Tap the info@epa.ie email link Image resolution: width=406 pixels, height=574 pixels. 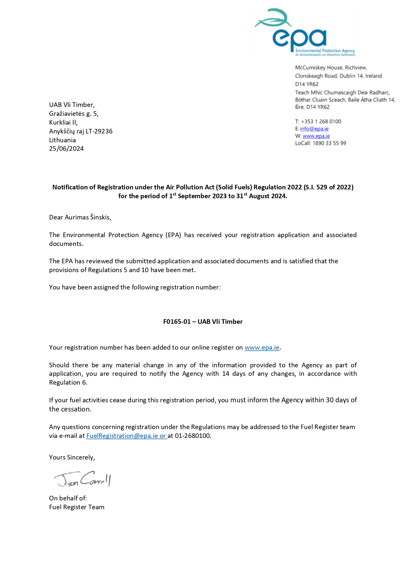[314, 129]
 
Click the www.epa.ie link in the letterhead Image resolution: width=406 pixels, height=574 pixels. [316, 136]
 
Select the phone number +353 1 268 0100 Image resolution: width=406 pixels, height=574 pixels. [321, 121]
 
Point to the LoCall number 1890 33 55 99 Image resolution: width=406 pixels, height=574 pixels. [329, 143]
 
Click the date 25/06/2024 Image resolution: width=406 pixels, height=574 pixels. [66, 148]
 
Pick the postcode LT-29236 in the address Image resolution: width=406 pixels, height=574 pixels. [99, 131]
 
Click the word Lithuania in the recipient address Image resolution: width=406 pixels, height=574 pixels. [62, 140]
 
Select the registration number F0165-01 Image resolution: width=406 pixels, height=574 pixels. [177, 322]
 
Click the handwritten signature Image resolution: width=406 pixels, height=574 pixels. [83, 479]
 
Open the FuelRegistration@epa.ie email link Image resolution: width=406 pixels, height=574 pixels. [122, 436]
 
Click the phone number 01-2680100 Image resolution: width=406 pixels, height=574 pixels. [193, 436]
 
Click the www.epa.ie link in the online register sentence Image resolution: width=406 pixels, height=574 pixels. [262, 347]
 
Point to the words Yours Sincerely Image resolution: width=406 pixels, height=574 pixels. [72, 457]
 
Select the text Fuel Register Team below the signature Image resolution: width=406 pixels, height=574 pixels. [77, 507]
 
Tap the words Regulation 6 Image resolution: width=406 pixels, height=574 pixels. [68, 382]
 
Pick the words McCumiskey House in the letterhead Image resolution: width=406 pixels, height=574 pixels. [314, 68]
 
